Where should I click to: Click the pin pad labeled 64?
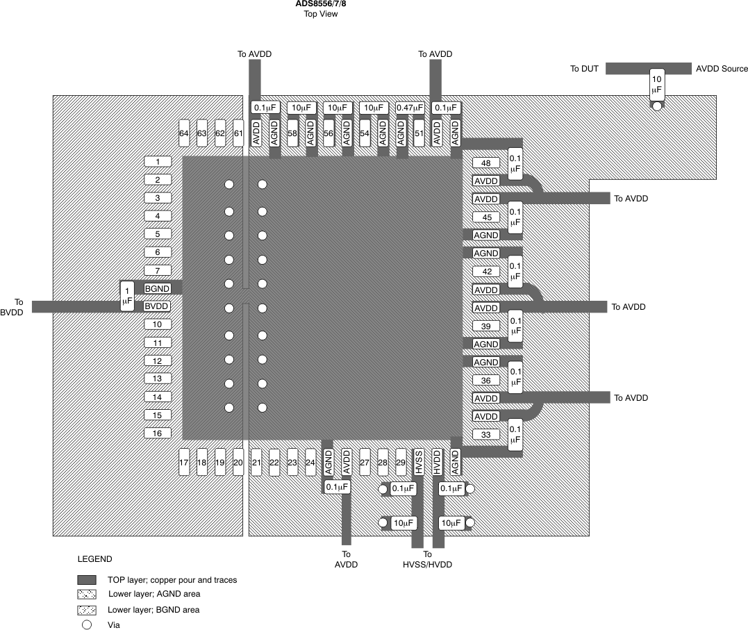[x=184, y=133]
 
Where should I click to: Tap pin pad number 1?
[x=158, y=162]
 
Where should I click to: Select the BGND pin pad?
[x=158, y=288]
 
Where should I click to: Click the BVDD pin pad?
[x=158, y=306]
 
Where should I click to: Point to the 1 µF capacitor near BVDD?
[x=127, y=297]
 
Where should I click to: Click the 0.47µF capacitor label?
[x=410, y=108]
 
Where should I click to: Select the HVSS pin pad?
[x=419, y=462]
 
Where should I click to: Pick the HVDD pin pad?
[x=437, y=462]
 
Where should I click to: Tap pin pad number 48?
[x=485, y=163]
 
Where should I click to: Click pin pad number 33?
[x=485, y=435]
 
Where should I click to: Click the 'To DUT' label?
[x=584, y=69]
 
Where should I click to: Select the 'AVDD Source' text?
[x=722, y=69]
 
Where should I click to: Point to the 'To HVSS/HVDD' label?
[x=427, y=559]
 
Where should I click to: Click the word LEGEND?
[x=94, y=558]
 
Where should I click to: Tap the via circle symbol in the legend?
[x=87, y=624]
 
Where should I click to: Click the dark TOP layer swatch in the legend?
[x=87, y=579]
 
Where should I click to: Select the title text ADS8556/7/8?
[x=321, y=3]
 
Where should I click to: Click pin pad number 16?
[x=158, y=433]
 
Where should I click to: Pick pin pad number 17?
[x=184, y=462]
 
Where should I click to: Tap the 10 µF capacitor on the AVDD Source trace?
[x=656, y=85]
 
